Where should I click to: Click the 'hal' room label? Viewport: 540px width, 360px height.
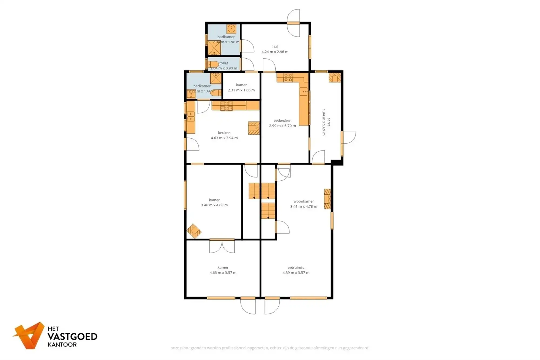275,46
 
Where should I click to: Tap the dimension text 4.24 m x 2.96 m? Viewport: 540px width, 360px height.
275,52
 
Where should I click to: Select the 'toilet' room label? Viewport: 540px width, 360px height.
224,63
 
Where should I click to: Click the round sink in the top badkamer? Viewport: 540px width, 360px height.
231,28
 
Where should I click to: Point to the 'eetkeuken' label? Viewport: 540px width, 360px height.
282,120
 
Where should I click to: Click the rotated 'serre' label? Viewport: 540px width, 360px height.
329,122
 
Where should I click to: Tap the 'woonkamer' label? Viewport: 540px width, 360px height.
303,201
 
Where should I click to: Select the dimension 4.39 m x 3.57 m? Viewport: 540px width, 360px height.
296,272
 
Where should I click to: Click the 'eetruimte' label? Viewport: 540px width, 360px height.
296,267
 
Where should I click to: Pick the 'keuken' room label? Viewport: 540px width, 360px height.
224,133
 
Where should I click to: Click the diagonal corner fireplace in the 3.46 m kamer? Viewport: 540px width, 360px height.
194,231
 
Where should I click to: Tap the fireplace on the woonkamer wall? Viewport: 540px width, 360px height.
327,199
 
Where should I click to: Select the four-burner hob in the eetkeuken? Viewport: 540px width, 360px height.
288,78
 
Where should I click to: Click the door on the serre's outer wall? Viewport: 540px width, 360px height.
349,137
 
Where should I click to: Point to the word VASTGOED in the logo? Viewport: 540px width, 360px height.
72,337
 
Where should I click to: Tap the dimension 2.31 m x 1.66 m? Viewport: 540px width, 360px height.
241,90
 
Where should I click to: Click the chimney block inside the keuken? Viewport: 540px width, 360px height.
254,128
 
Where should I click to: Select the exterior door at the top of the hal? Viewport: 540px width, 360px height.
293,23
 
